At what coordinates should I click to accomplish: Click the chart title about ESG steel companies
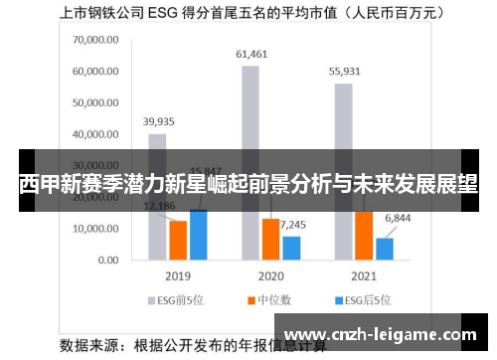(248, 15)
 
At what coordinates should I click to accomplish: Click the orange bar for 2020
(270, 239)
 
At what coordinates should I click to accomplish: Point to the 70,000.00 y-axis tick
(95, 40)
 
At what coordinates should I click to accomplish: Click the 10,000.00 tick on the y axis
(95, 229)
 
